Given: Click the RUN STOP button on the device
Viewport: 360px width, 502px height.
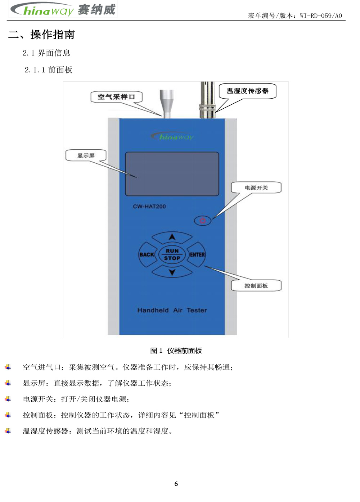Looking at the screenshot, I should [x=172, y=254].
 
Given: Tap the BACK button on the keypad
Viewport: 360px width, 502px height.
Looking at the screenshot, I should [x=147, y=254].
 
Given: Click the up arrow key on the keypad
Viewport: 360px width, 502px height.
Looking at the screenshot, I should [x=172, y=237].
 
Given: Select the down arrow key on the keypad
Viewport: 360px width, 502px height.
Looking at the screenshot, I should [x=172, y=272].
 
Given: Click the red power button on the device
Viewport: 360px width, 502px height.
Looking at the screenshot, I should [x=203, y=220].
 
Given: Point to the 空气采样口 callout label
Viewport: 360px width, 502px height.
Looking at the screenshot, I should [x=116, y=97].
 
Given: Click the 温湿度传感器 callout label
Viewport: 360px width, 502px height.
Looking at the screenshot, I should [x=247, y=91].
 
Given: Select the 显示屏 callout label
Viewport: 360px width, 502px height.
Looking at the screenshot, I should [x=86, y=155].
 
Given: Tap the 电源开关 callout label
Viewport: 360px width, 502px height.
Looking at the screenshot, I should [x=256, y=187].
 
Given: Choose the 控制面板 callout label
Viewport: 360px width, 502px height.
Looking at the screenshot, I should [x=256, y=286].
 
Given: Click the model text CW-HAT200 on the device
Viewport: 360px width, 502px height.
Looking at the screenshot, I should [x=149, y=207].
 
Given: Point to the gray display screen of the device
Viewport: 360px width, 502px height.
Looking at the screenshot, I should [x=172, y=174].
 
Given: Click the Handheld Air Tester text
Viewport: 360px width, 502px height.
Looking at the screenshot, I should [x=172, y=310].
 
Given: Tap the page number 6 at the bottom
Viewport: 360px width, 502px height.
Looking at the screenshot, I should [x=176, y=484].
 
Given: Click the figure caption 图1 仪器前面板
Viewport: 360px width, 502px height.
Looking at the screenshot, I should [x=176, y=351].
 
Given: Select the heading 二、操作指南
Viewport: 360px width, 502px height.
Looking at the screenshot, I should [x=42, y=35].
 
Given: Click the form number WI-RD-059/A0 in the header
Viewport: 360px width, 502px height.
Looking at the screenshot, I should [x=321, y=15].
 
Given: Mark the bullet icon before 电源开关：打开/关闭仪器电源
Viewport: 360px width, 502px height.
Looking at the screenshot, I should [x=8, y=399].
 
